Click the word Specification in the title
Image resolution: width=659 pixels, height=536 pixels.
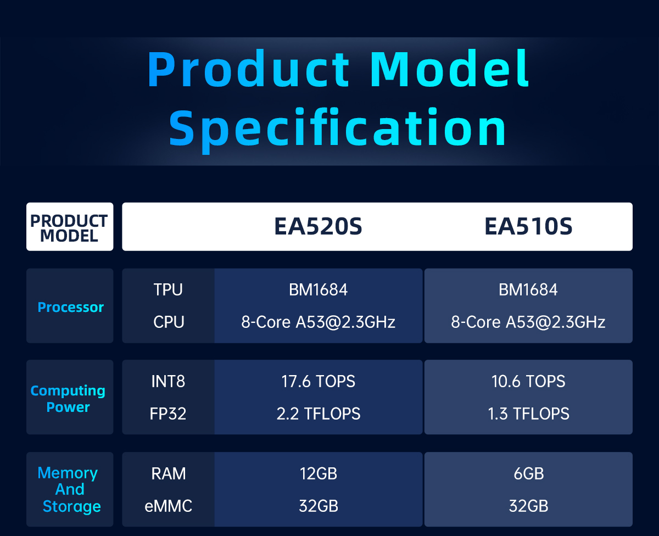click(x=337, y=129)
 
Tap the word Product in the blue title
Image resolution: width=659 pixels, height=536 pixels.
click(x=248, y=69)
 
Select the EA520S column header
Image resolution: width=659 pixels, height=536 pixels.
click(x=318, y=226)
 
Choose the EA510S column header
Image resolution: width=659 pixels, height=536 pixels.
click(x=528, y=226)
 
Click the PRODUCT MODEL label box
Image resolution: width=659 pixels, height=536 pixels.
click(x=70, y=227)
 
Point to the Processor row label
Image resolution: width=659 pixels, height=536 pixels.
click(x=70, y=307)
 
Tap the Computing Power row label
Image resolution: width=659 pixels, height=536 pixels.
click(x=68, y=399)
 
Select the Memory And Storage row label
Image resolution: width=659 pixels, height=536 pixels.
click(x=69, y=489)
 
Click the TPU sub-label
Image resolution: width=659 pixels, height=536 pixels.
click(x=168, y=290)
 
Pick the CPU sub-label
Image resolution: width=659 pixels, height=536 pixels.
click(x=169, y=322)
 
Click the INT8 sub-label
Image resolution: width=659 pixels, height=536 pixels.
click(x=168, y=381)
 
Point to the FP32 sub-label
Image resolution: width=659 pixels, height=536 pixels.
click(x=168, y=414)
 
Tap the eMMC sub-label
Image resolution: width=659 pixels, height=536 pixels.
click(x=168, y=506)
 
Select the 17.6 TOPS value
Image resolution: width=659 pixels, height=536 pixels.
click(x=318, y=381)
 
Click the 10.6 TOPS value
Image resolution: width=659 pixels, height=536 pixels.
click(x=528, y=381)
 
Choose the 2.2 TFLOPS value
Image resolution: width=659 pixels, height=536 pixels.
click(x=319, y=414)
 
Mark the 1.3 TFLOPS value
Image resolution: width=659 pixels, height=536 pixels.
click(x=528, y=414)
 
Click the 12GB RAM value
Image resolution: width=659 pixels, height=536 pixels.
click(x=319, y=473)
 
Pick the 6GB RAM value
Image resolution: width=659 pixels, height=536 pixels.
click(x=529, y=473)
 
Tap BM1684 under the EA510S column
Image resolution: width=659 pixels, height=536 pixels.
click(x=528, y=290)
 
